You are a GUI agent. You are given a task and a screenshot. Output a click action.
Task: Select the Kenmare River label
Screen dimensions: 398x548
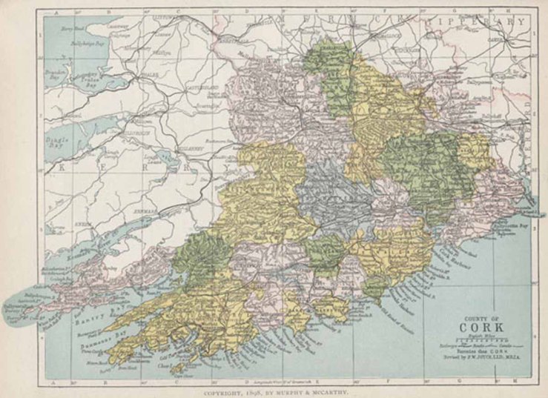(x=84, y=240)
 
